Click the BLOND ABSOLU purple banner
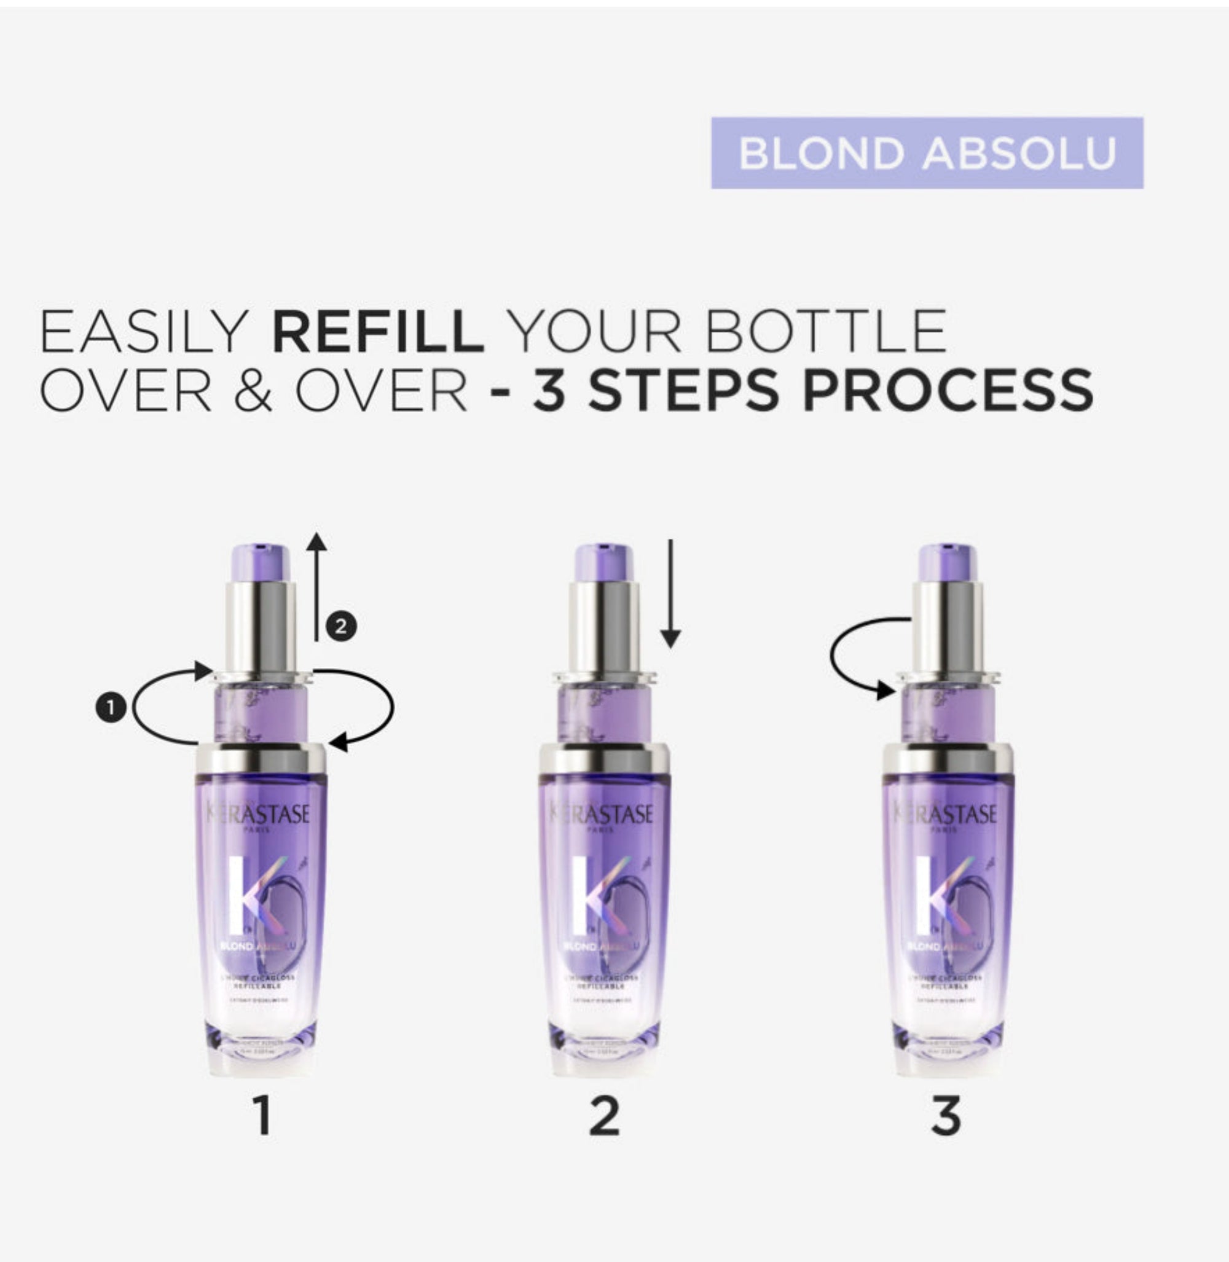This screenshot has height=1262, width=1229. click(927, 153)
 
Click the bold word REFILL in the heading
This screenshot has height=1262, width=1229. click(379, 331)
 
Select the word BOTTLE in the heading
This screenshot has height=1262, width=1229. click(825, 331)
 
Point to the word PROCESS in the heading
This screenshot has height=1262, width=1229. click(948, 391)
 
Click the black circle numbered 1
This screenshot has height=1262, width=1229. click(111, 708)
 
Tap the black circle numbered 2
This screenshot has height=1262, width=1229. click(341, 626)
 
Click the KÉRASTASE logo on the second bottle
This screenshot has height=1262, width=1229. click(602, 814)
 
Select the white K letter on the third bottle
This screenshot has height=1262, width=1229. click(927, 895)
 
